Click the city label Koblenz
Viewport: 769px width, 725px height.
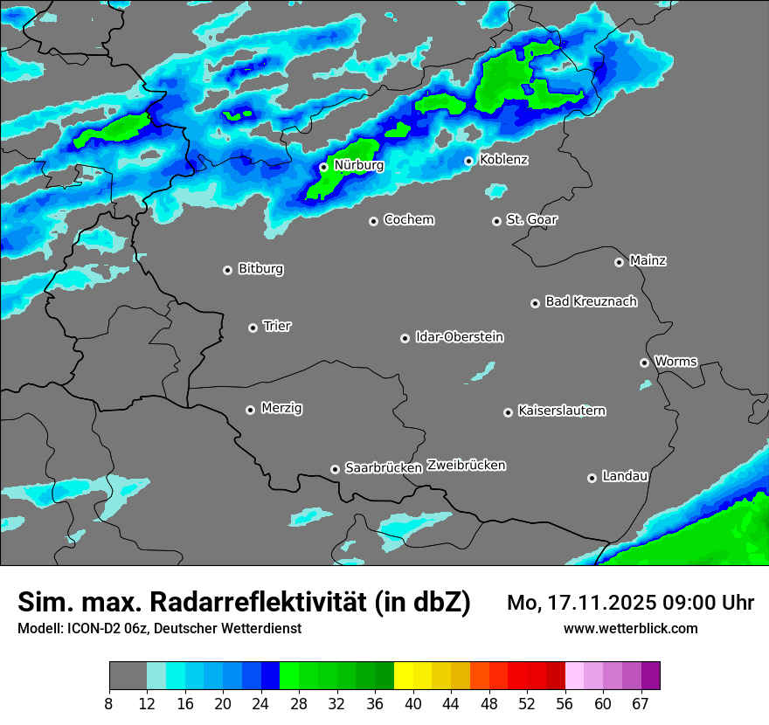[x=504, y=160]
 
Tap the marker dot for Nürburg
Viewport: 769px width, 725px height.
[x=323, y=166]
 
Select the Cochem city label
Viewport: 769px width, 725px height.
[x=409, y=219]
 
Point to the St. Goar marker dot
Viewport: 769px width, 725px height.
[x=496, y=221]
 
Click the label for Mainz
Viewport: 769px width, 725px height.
[x=648, y=260]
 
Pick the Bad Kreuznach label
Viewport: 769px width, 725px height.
[x=591, y=301]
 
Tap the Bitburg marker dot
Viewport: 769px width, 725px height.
[x=227, y=270]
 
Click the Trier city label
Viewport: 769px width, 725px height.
[x=277, y=326]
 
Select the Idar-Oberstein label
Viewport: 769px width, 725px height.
[x=459, y=336]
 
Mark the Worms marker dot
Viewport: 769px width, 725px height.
[x=644, y=362]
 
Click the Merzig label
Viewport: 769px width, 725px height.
[x=282, y=408]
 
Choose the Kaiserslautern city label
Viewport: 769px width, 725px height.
[x=562, y=411]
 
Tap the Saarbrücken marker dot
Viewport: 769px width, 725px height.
[x=335, y=469]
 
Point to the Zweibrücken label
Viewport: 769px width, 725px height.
[x=466, y=466]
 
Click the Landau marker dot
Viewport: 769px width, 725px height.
[x=592, y=478]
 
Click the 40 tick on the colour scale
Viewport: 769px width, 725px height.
[x=413, y=704]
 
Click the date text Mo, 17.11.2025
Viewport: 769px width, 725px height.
[x=582, y=603]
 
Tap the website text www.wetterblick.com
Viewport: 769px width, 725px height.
[x=630, y=628]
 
